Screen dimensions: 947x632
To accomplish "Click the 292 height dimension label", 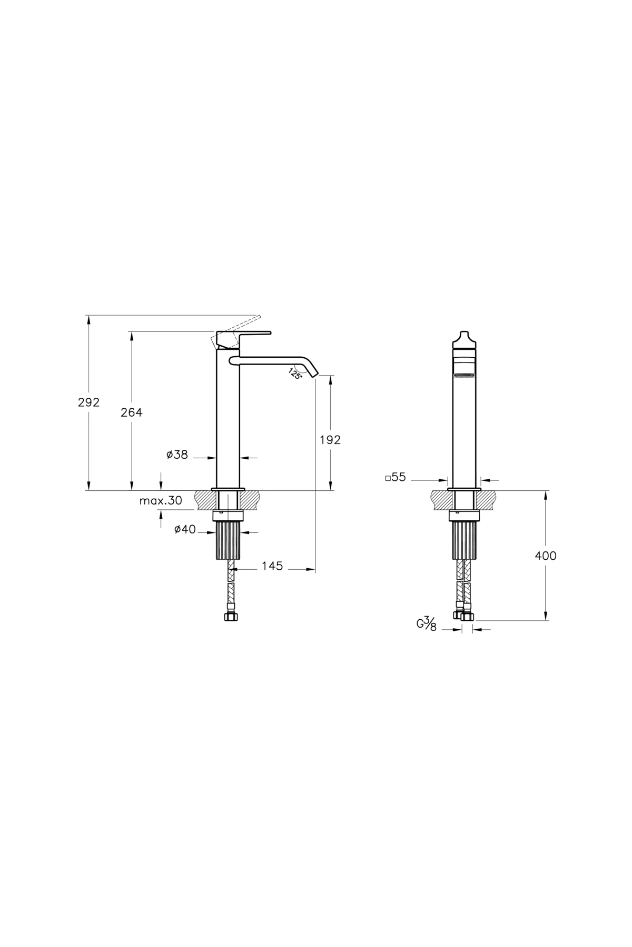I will tap(88, 402).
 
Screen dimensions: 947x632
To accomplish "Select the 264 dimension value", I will tap(131, 412).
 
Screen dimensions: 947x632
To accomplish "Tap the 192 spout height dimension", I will tap(330, 440).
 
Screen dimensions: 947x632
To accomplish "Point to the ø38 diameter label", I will tap(177, 455).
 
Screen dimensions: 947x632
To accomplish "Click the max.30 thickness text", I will tap(161, 501).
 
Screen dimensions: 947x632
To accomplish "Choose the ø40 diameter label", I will tap(185, 530).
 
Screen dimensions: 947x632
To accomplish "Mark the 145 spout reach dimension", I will tap(272, 566).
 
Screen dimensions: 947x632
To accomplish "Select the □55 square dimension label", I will tap(396, 478).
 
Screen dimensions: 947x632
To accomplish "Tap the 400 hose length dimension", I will tap(545, 556).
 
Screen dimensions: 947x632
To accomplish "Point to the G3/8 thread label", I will tap(427, 624).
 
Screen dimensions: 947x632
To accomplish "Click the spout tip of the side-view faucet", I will tap(314, 374).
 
